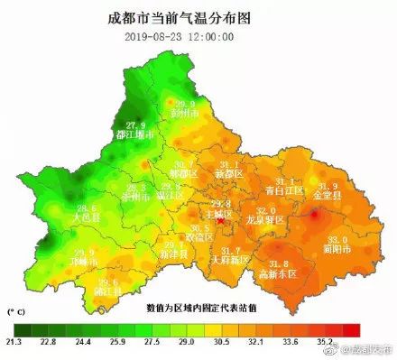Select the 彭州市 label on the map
(x=184, y=115)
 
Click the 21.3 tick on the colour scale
(x=15, y=343)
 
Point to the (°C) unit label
(x=17, y=310)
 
